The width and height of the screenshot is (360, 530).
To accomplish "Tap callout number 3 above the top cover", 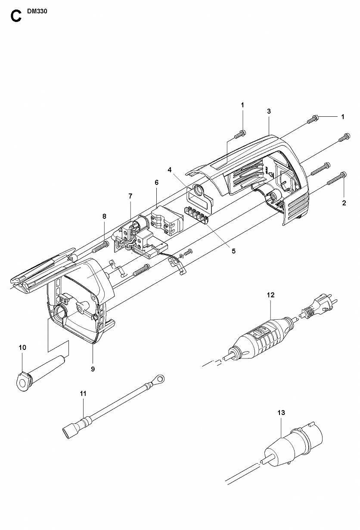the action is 269,111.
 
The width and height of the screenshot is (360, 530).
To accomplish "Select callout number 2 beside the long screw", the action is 344,203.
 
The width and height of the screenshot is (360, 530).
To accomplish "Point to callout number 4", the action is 169,170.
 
